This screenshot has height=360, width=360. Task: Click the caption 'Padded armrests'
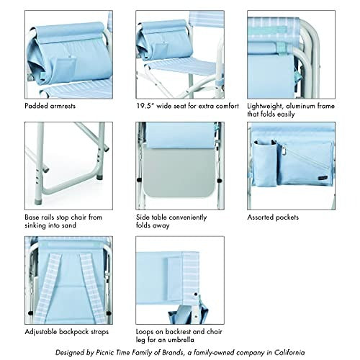click(50, 106)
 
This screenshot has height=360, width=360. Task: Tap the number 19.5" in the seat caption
click(145, 106)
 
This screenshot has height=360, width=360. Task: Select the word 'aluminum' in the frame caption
click(300, 106)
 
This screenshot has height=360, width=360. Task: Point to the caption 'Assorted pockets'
click(273, 217)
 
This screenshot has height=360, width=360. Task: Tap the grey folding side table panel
click(179, 172)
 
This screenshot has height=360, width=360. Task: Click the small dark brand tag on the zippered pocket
click(322, 178)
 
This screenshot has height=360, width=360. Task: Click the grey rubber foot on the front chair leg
click(38, 201)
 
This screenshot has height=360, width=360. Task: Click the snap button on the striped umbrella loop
click(196, 294)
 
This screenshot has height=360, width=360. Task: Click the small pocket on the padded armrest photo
click(63, 70)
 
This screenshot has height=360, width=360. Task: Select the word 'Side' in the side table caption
click(143, 217)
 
